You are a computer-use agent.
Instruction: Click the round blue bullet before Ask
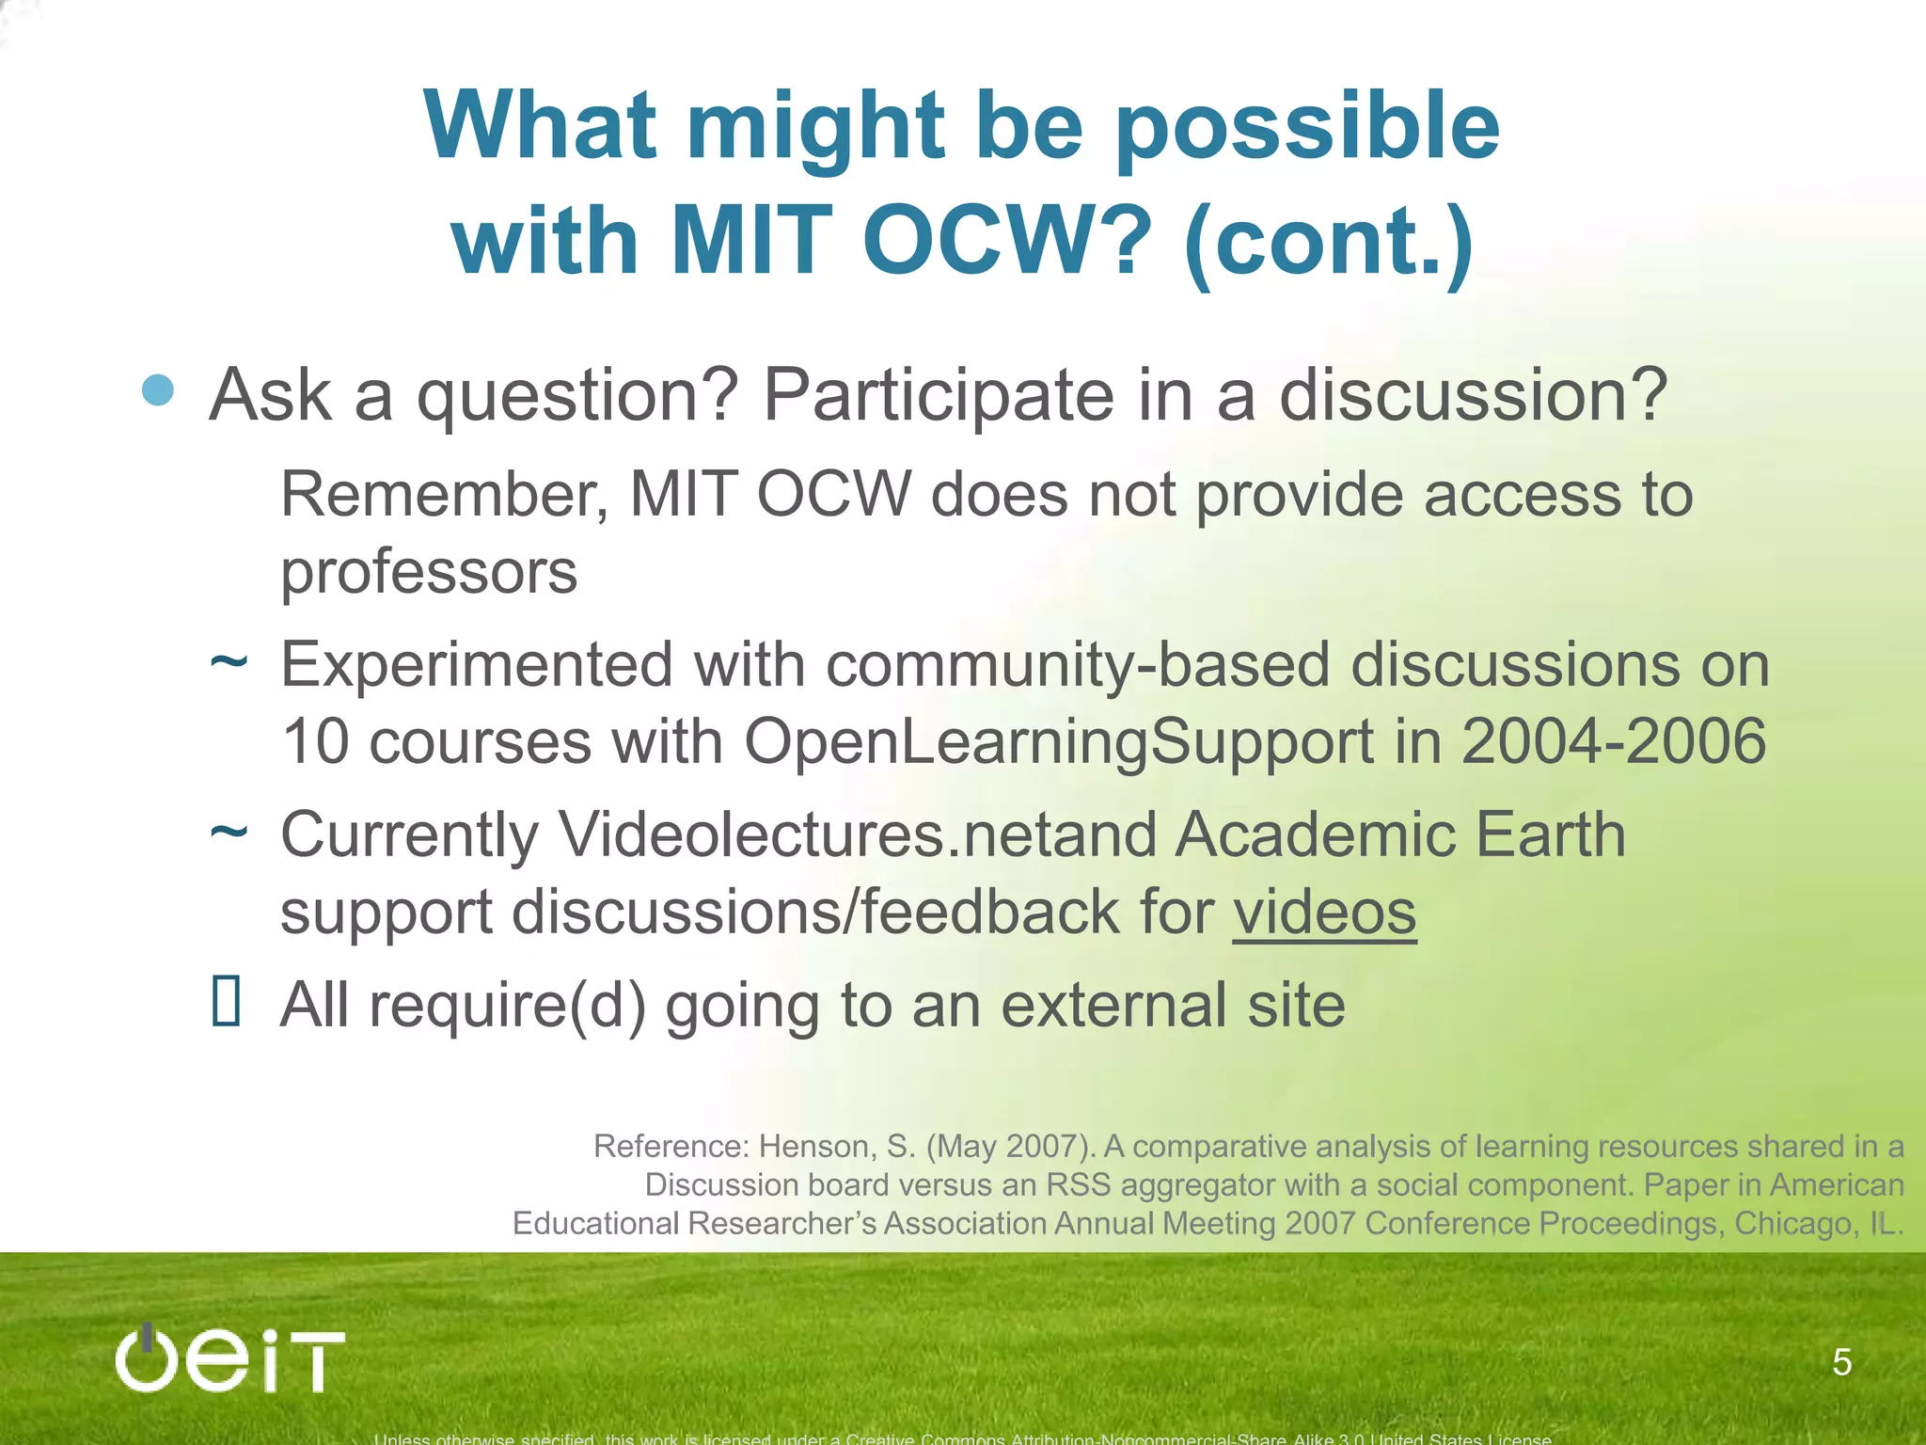[x=158, y=389]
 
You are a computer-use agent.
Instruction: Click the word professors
[x=429, y=572]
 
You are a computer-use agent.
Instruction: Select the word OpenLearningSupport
[x=1059, y=741]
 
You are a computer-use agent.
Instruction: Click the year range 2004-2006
[x=1614, y=741]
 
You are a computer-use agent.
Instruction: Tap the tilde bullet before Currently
[x=229, y=832]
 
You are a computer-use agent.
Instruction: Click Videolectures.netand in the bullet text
[x=858, y=834]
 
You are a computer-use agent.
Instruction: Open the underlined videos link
[x=1323, y=912]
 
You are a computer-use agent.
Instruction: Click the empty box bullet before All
[x=227, y=1001]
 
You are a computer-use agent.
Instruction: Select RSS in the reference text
[x=1079, y=1185]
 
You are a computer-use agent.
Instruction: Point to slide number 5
[x=1841, y=1362]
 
